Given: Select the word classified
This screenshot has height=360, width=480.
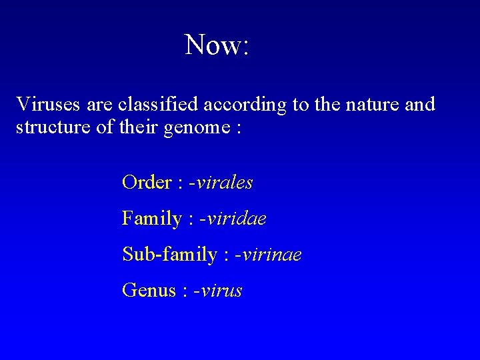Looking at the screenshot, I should click(x=157, y=105).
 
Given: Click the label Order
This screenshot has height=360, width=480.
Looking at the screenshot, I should click(x=147, y=183).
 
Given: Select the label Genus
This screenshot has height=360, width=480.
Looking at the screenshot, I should click(x=149, y=291).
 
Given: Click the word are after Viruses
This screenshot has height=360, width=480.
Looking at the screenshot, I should click(x=99, y=105).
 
